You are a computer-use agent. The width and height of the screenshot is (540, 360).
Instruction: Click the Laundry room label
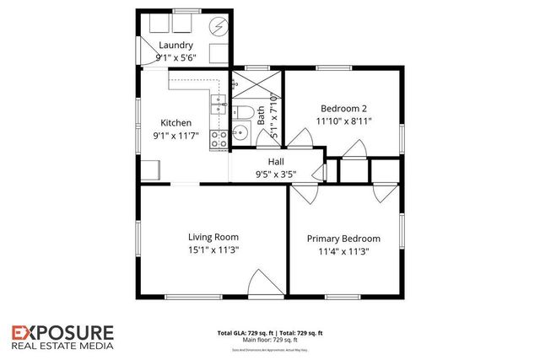pos(176,46)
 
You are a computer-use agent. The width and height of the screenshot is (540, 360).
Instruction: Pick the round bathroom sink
pos(240,132)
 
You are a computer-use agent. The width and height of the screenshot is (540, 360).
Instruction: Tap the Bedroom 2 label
pos(343,108)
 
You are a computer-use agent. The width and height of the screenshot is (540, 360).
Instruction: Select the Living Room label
pos(213,237)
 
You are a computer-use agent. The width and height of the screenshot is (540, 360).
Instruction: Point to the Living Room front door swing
pos(267,282)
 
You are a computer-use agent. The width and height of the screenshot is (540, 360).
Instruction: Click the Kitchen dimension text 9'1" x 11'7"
pos(175,136)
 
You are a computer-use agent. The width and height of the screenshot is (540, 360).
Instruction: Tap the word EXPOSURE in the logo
pos(64,331)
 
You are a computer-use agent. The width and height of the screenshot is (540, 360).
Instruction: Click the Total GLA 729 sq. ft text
pos(245,332)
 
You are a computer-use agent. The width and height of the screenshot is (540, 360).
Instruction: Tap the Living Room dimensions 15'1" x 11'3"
pos(213,250)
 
